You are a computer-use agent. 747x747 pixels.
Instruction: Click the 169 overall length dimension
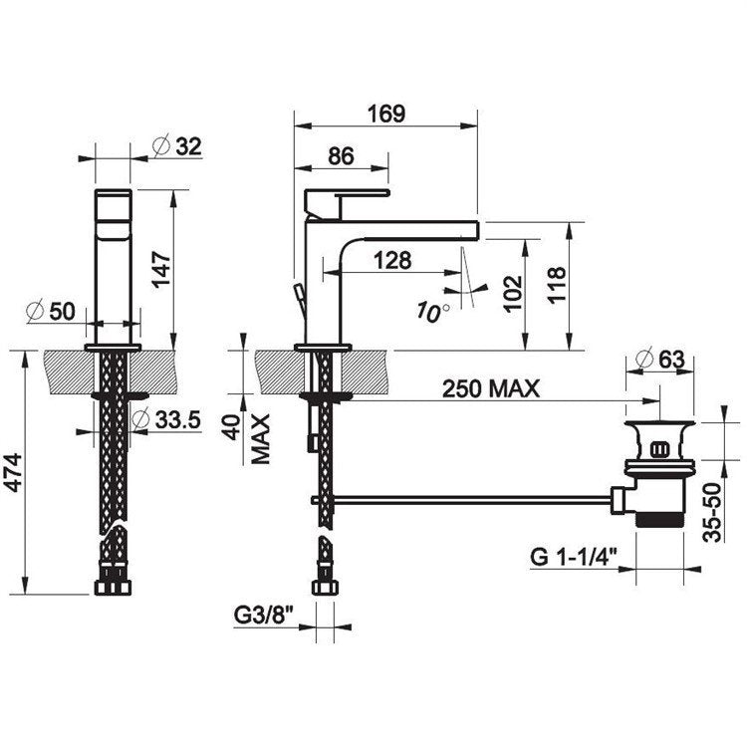(386, 114)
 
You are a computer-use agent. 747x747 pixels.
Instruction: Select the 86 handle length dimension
(341, 155)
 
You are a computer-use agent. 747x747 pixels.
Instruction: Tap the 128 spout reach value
(392, 261)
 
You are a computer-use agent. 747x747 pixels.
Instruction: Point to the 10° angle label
(433, 311)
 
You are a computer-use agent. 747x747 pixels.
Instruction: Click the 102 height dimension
(513, 294)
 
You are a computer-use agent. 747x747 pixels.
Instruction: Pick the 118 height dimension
(556, 285)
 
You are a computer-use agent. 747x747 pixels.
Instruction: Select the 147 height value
(161, 269)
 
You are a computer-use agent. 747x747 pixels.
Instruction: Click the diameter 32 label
(177, 145)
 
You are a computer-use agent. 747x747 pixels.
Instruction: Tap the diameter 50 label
(52, 312)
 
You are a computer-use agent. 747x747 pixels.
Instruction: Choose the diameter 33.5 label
(166, 420)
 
